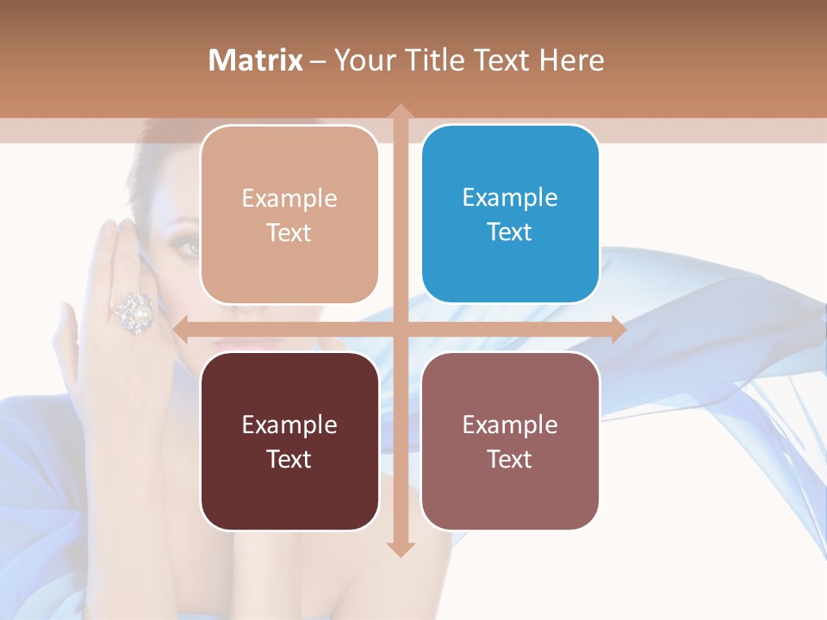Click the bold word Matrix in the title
click(x=256, y=60)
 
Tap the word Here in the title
click(x=571, y=60)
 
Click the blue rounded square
click(x=510, y=214)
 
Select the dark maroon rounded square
click(x=289, y=441)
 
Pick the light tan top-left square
click(x=289, y=214)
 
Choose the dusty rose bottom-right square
click(x=510, y=441)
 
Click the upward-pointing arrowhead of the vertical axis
click(x=400, y=113)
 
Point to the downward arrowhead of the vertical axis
click(x=400, y=548)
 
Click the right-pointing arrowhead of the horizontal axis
click(x=617, y=329)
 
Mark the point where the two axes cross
click(x=400, y=329)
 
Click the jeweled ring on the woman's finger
click(x=134, y=311)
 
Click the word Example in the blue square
click(x=510, y=197)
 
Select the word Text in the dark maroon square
click(x=289, y=459)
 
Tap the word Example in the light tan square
click(x=289, y=198)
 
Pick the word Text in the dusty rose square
click(x=510, y=459)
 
